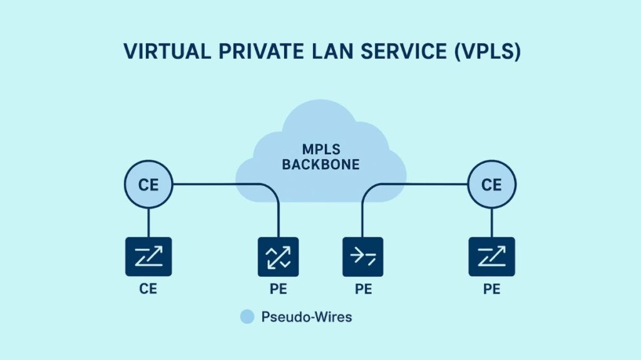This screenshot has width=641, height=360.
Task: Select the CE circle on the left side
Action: click(x=148, y=185)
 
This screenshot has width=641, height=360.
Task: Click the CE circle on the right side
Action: click(x=491, y=185)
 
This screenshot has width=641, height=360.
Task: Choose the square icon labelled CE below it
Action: click(x=148, y=257)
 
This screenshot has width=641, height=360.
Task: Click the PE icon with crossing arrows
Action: click(x=278, y=257)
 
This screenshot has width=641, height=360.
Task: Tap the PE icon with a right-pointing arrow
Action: click(x=363, y=257)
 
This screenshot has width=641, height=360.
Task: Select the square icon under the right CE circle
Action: click(x=491, y=257)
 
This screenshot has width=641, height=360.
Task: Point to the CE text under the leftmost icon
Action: click(x=148, y=289)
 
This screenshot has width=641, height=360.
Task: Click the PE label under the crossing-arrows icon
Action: click(x=278, y=289)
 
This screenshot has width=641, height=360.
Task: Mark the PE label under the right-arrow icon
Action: click(x=363, y=289)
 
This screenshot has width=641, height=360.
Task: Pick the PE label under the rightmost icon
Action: click(x=491, y=289)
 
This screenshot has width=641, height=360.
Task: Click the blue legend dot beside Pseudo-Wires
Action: click(x=247, y=317)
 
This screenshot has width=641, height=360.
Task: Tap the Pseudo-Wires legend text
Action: click(x=306, y=317)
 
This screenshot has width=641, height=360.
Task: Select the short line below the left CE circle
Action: click(x=148, y=222)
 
